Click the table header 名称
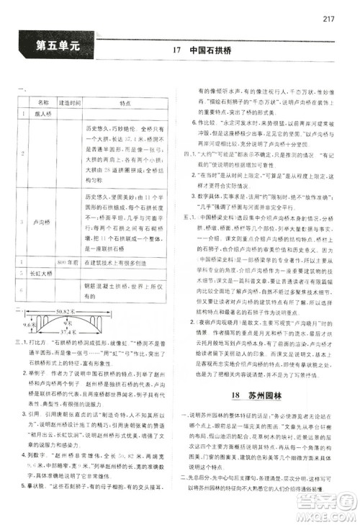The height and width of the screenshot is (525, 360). [x=42, y=103]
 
